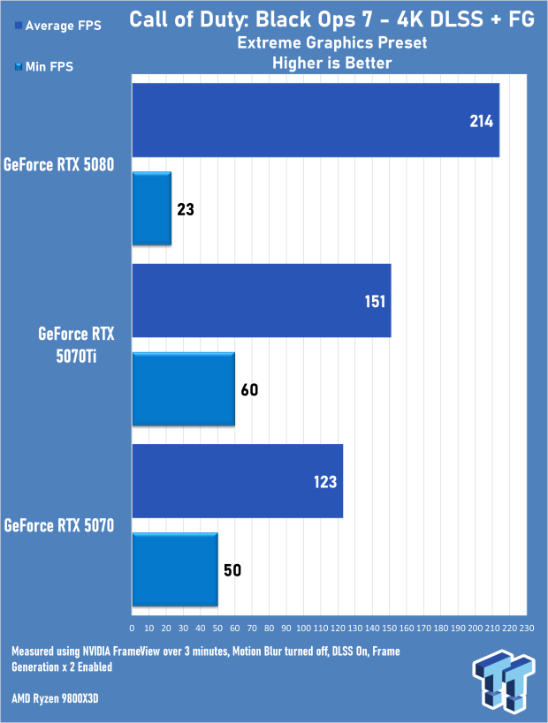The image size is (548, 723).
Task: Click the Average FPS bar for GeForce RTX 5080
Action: [x=316, y=120]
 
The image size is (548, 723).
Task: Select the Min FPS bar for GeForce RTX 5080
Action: [x=151, y=209]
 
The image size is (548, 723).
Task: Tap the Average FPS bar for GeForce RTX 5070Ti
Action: [x=262, y=300]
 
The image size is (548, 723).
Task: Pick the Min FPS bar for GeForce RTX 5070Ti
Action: [x=183, y=389]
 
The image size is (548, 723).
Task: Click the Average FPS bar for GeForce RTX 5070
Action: [x=237, y=481]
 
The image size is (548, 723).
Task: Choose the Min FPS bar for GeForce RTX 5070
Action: [x=174, y=570]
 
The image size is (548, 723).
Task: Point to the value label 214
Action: [x=482, y=120]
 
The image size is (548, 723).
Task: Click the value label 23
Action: [x=185, y=210]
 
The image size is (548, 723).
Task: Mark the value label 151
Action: [x=373, y=301]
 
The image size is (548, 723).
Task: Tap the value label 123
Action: [x=324, y=482]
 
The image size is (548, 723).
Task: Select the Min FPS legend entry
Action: [x=46, y=65]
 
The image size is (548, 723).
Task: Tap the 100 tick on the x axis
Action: [x=303, y=628]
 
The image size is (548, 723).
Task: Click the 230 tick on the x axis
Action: [x=526, y=628]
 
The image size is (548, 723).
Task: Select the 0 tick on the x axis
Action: [x=132, y=628]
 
